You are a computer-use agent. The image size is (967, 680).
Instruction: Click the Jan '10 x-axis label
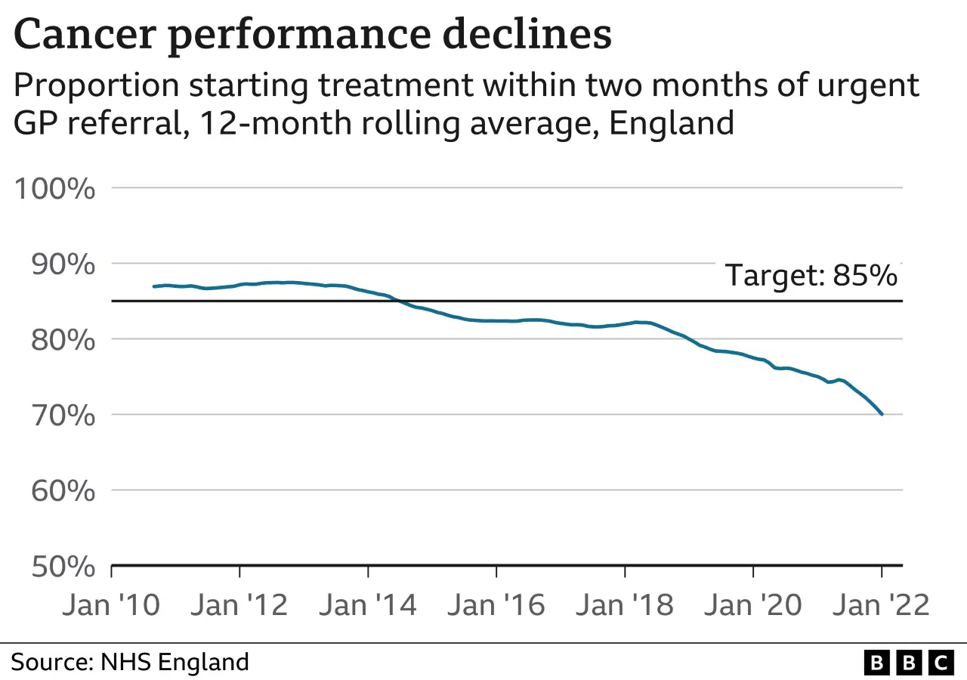point(113,605)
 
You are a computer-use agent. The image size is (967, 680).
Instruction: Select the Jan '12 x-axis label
point(239,605)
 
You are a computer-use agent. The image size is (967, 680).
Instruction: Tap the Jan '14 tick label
point(368,605)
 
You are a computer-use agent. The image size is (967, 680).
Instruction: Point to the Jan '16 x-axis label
point(496,605)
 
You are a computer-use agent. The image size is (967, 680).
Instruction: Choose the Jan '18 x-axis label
point(625,605)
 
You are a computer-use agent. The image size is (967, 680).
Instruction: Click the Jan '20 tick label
point(753,605)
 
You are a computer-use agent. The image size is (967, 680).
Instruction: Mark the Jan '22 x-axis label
point(881,605)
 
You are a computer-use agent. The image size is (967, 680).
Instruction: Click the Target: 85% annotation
point(811,276)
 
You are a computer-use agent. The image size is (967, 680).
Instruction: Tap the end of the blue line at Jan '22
point(882,414)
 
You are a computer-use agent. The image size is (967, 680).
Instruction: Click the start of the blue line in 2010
point(154,286)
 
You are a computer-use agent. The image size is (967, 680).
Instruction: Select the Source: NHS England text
point(130,663)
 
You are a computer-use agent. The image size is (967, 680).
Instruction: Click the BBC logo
point(907,663)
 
